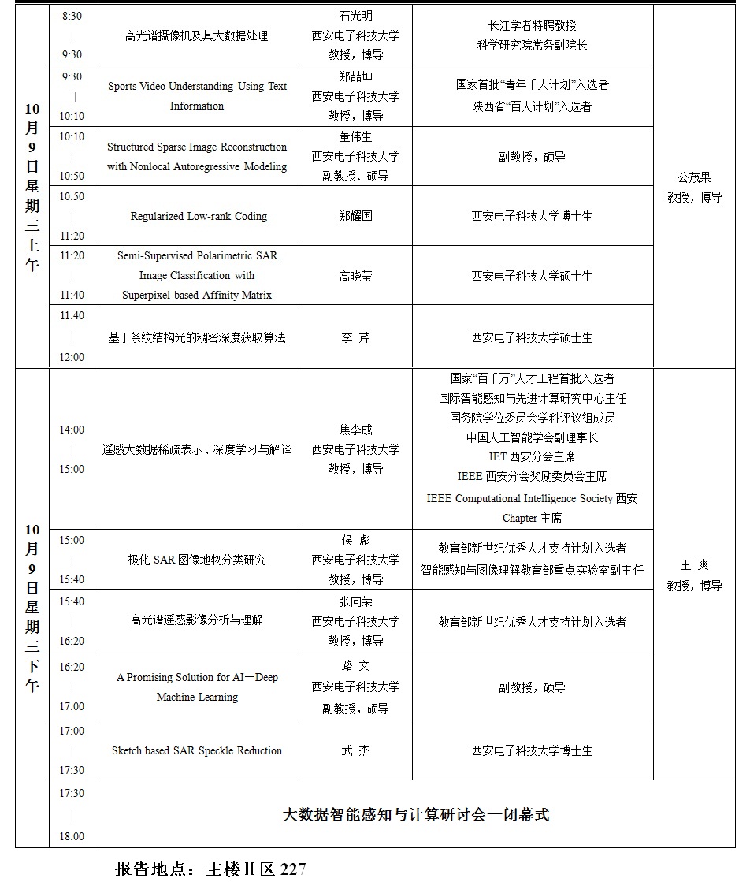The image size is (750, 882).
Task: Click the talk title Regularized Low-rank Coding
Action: coord(198,217)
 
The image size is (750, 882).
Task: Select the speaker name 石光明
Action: coord(355,16)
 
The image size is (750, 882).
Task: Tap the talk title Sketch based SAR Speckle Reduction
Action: coord(197,751)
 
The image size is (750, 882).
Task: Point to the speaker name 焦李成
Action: coord(355,430)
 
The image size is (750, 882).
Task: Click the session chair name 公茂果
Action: coord(694,177)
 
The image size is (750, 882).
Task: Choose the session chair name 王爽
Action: coord(694,566)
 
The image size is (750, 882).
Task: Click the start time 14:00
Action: coord(72,430)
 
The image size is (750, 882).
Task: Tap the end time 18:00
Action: coord(72,837)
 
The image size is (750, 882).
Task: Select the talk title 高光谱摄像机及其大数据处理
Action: coord(197,36)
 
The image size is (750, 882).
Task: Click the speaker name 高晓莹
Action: coord(355,277)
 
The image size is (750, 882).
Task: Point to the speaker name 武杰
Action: coord(355,751)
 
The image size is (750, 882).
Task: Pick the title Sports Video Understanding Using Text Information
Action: coord(197,96)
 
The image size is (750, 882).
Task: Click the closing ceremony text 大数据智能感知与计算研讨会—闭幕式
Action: coord(415,815)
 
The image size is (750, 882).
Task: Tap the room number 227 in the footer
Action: coord(292,869)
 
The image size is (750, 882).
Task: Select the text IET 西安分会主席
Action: coord(533,456)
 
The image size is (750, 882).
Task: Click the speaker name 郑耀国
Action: coord(355,216)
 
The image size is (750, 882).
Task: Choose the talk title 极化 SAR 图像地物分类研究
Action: coord(197,560)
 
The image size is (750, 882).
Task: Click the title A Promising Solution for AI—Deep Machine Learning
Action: coord(197,687)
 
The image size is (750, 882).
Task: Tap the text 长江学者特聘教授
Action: coord(533,26)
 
